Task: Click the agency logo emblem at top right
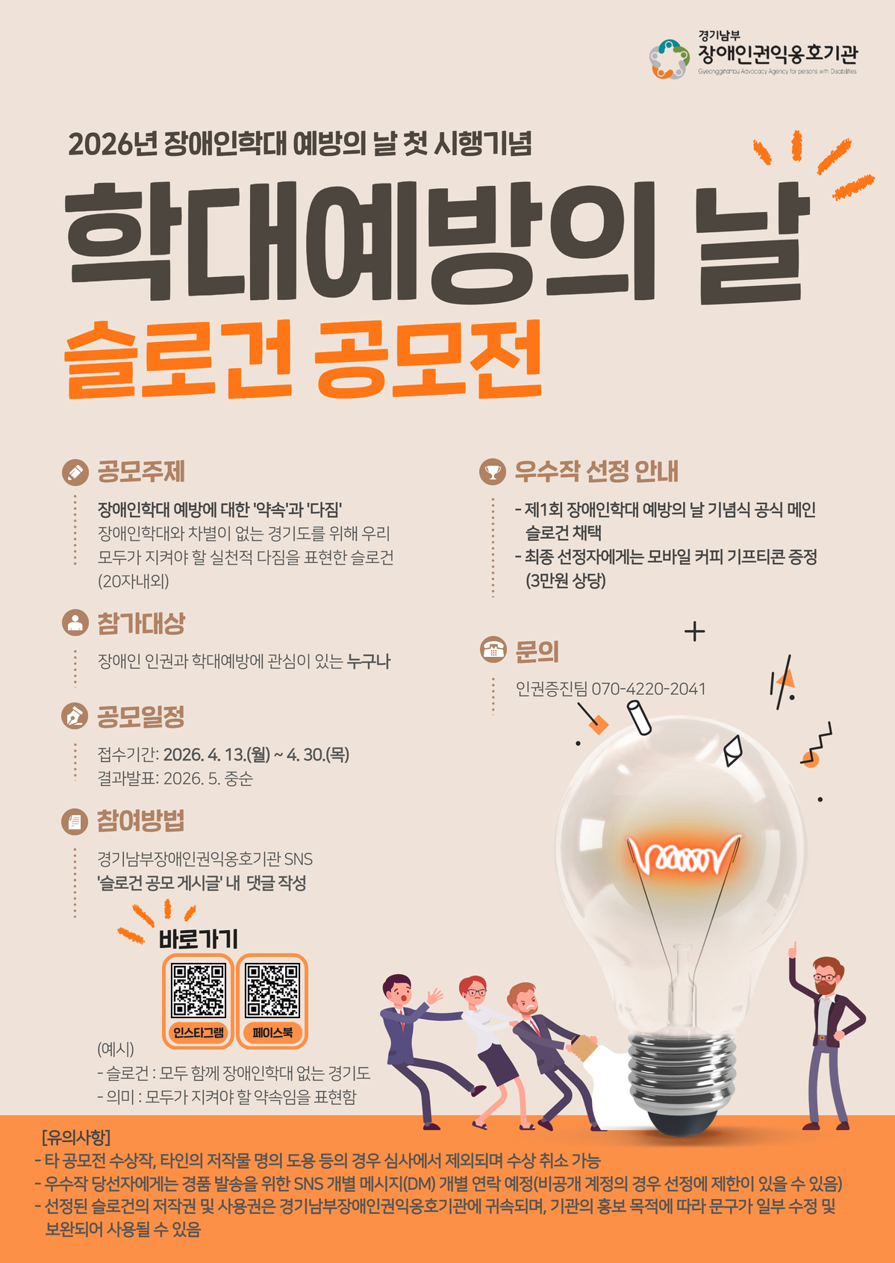pyautogui.click(x=669, y=59)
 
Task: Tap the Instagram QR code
pyautogui.click(x=199, y=991)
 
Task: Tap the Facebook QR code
pyautogui.click(x=272, y=991)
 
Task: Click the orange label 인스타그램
pyautogui.click(x=199, y=1032)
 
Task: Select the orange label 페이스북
pyautogui.click(x=272, y=1032)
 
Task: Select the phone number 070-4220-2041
pyautogui.click(x=649, y=689)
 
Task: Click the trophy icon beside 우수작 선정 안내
pyautogui.click(x=493, y=472)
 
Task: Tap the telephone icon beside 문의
pyautogui.click(x=493, y=650)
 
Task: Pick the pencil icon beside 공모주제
pyautogui.click(x=75, y=472)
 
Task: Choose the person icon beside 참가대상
pyautogui.click(x=75, y=623)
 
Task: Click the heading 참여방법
pyautogui.click(x=140, y=821)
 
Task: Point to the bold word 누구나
pyautogui.click(x=369, y=661)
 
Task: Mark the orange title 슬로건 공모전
pyautogui.click(x=303, y=361)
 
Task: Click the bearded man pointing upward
pyautogui.click(x=826, y=1038)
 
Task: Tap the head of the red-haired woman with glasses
pyautogui.click(x=473, y=990)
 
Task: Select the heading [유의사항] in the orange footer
pyautogui.click(x=76, y=1137)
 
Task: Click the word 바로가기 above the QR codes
pyautogui.click(x=198, y=939)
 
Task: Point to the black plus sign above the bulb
pyautogui.click(x=694, y=631)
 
